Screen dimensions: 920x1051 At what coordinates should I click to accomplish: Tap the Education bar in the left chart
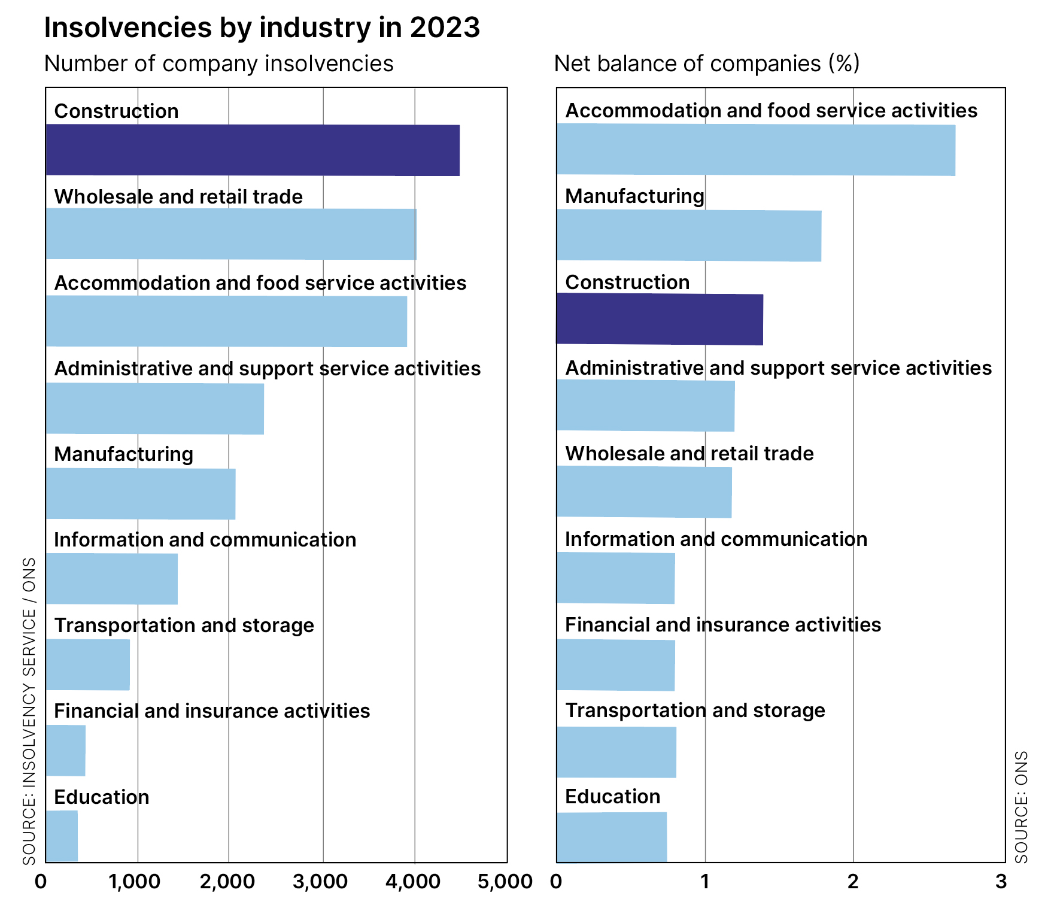point(62,836)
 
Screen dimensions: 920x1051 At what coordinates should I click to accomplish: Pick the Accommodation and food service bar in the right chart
point(755,150)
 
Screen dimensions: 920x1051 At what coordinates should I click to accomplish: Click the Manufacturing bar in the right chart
point(688,235)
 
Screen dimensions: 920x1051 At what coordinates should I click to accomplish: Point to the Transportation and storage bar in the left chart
point(88,664)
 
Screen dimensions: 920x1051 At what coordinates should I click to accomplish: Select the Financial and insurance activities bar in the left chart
point(66,750)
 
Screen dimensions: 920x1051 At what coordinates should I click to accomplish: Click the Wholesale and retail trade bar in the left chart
point(230,234)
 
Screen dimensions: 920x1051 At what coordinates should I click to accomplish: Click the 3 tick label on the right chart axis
point(1001,882)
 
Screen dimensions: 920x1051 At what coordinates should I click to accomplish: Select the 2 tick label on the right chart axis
point(853,882)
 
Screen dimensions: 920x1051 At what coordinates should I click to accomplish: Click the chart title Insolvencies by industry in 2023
point(262,28)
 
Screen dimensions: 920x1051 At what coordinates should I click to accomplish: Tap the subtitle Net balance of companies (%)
point(707,63)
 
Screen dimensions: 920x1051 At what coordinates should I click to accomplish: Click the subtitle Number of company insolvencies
point(219,63)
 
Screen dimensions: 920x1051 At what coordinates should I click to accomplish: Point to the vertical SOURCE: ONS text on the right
point(1022,806)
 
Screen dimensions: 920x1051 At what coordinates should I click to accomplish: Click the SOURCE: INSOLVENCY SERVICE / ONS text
point(29,711)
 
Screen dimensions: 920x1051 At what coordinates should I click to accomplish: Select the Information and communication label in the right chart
point(716,539)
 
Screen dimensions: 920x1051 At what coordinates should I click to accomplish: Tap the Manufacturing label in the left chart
point(124,454)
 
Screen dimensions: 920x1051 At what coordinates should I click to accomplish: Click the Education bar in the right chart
point(612,837)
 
